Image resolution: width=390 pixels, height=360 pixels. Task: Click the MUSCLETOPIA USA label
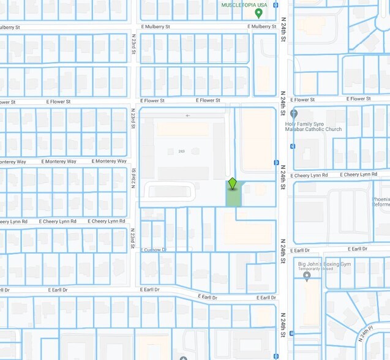click(x=244, y=4)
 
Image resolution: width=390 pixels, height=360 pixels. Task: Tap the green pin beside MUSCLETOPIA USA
click(x=259, y=13)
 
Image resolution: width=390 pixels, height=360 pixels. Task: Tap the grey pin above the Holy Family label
click(x=294, y=113)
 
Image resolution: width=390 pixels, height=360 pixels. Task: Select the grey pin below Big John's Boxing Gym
click(x=307, y=276)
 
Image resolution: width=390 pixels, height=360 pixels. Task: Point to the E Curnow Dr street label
click(x=153, y=250)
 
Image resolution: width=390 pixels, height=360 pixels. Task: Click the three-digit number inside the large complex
click(x=181, y=151)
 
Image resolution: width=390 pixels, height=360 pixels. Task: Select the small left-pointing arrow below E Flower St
click(x=188, y=115)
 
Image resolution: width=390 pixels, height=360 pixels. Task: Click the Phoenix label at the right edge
click(x=381, y=199)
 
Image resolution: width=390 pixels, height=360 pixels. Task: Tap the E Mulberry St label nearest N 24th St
click(x=261, y=27)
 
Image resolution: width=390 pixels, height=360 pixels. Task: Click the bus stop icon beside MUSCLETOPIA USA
click(x=276, y=5)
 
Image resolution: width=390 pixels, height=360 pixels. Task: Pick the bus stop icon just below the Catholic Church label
click(x=293, y=146)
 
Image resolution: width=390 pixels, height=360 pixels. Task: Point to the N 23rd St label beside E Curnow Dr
click(x=132, y=239)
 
